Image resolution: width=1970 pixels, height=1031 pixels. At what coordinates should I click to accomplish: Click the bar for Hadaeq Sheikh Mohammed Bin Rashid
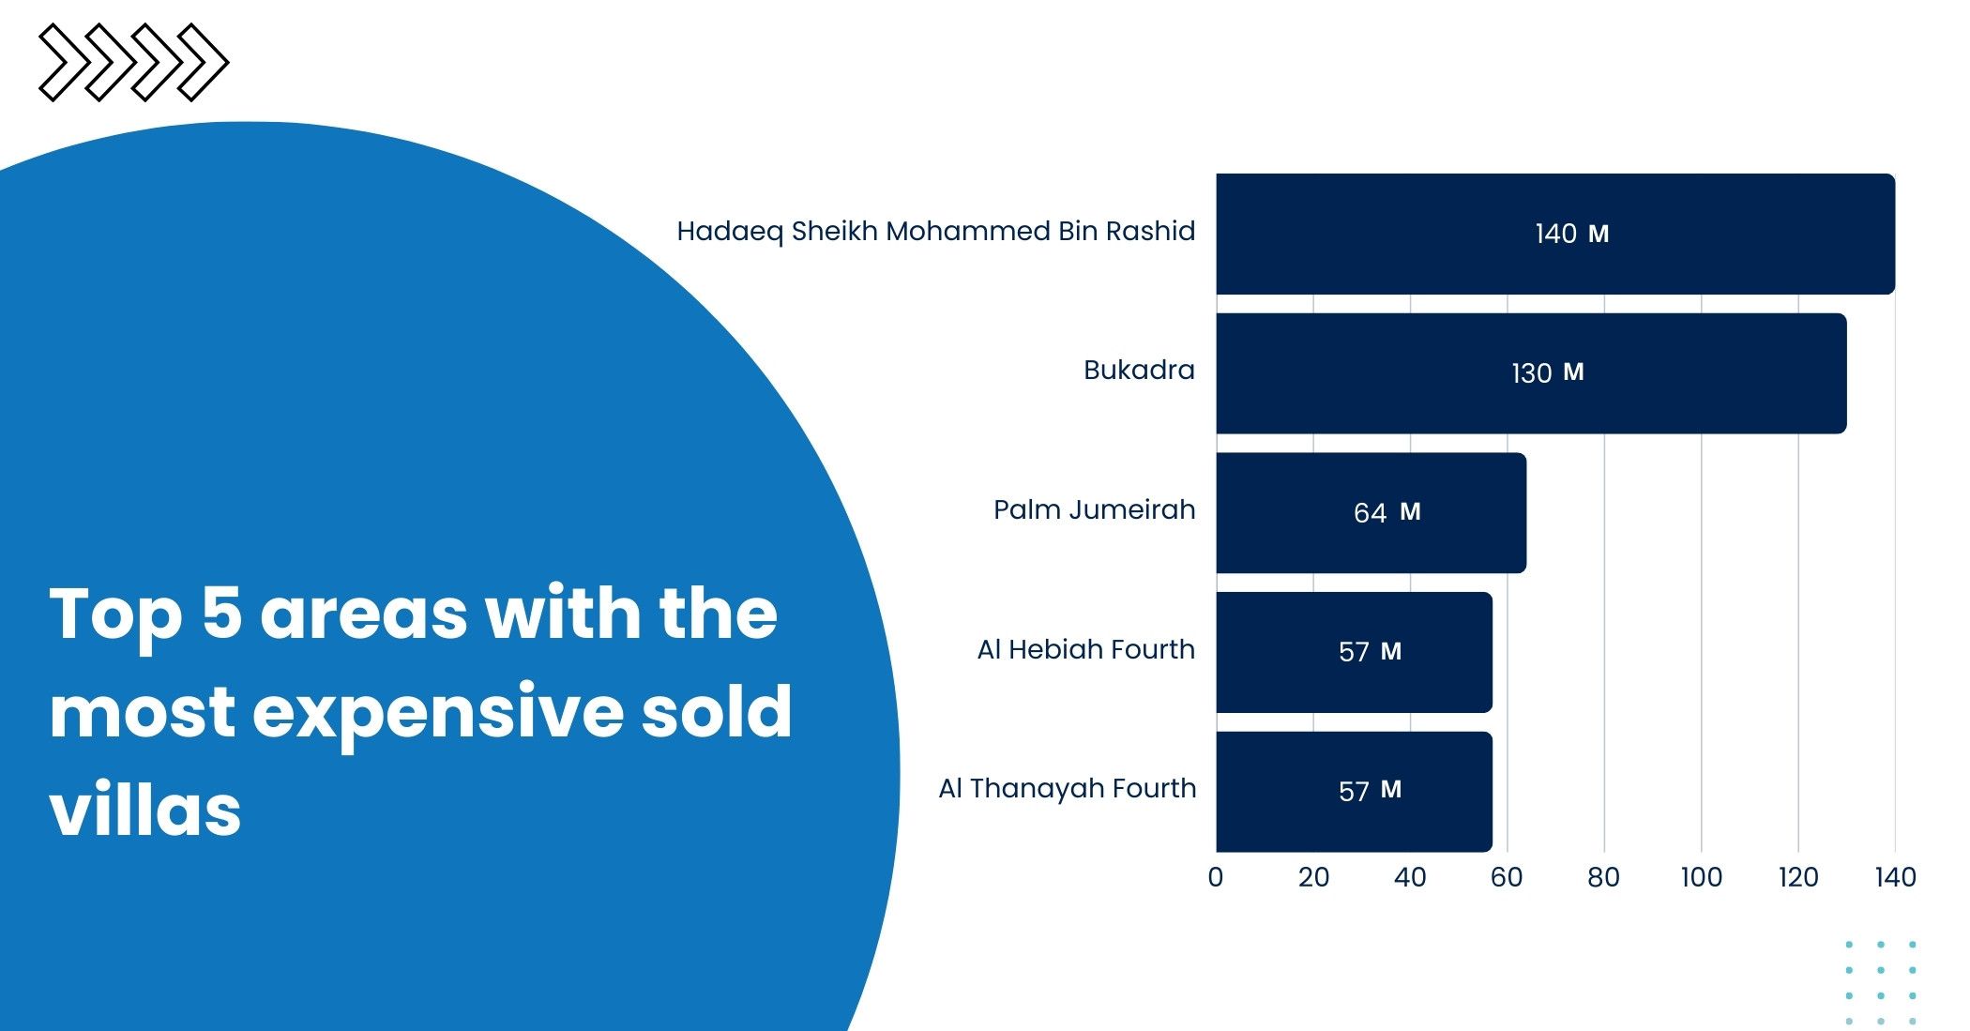(x=1555, y=234)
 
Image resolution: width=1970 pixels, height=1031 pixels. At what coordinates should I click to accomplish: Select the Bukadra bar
(x=1531, y=373)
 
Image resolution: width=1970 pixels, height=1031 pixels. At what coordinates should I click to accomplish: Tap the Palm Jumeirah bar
(x=1371, y=513)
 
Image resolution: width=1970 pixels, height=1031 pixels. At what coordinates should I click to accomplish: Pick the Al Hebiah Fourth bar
(x=1355, y=652)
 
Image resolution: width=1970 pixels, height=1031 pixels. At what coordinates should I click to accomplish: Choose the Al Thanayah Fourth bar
(x=1355, y=792)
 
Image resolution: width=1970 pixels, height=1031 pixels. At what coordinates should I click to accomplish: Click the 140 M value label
(x=1572, y=234)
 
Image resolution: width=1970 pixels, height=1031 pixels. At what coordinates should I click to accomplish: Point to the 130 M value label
(x=1548, y=373)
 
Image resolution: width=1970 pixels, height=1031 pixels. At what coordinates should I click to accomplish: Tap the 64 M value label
(x=1387, y=512)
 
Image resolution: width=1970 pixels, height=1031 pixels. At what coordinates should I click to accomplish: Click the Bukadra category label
(x=1139, y=370)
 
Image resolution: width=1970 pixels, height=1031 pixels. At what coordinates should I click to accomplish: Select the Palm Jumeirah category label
(x=1095, y=509)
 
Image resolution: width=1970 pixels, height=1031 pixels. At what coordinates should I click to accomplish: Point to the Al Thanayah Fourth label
(x=1068, y=789)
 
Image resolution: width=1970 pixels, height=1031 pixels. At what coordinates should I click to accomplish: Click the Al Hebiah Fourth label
(x=1086, y=649)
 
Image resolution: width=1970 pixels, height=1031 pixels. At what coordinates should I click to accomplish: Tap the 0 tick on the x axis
(x=1216, y=877)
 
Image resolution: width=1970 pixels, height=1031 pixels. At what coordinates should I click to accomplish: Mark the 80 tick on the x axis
(x=1604, y=877)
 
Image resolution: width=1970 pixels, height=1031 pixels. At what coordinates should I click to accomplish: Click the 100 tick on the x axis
(x=1702, y=877)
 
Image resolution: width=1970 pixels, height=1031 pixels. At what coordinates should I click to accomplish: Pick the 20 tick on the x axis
(x=1313, y=877)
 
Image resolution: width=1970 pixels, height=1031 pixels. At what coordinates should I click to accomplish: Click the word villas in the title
(x=145, y=810)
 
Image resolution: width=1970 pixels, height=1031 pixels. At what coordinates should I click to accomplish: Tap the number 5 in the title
(x=222, y=614)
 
